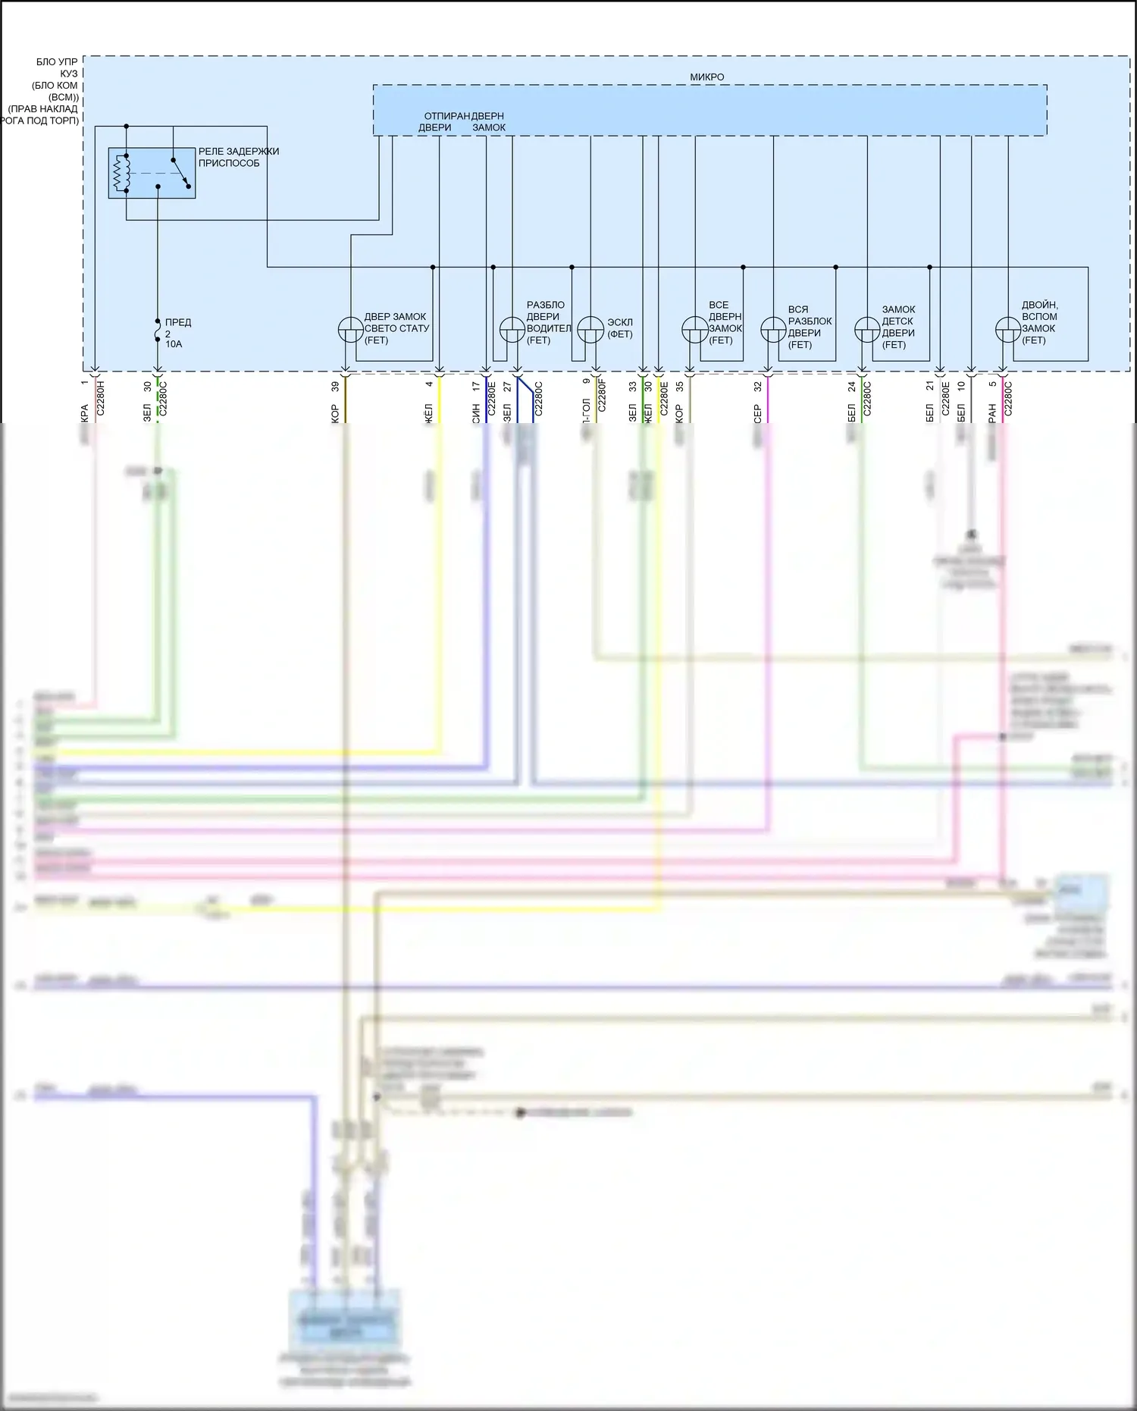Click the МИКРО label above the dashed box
706,77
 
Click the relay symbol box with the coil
152,173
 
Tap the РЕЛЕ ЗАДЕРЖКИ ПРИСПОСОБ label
239,157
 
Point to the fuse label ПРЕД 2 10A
177,333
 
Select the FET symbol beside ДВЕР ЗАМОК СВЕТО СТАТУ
350,330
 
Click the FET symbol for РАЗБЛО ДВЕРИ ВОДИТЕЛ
512,330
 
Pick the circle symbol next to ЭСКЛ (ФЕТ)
590,330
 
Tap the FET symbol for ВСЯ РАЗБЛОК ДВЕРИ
773,330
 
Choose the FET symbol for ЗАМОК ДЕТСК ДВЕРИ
867,330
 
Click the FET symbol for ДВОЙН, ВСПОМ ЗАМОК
1008,330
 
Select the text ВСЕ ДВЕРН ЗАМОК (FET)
725,323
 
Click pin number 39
335,386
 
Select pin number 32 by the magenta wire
757,386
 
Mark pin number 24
851,386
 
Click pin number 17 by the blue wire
475,386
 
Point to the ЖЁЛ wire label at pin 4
428,414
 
